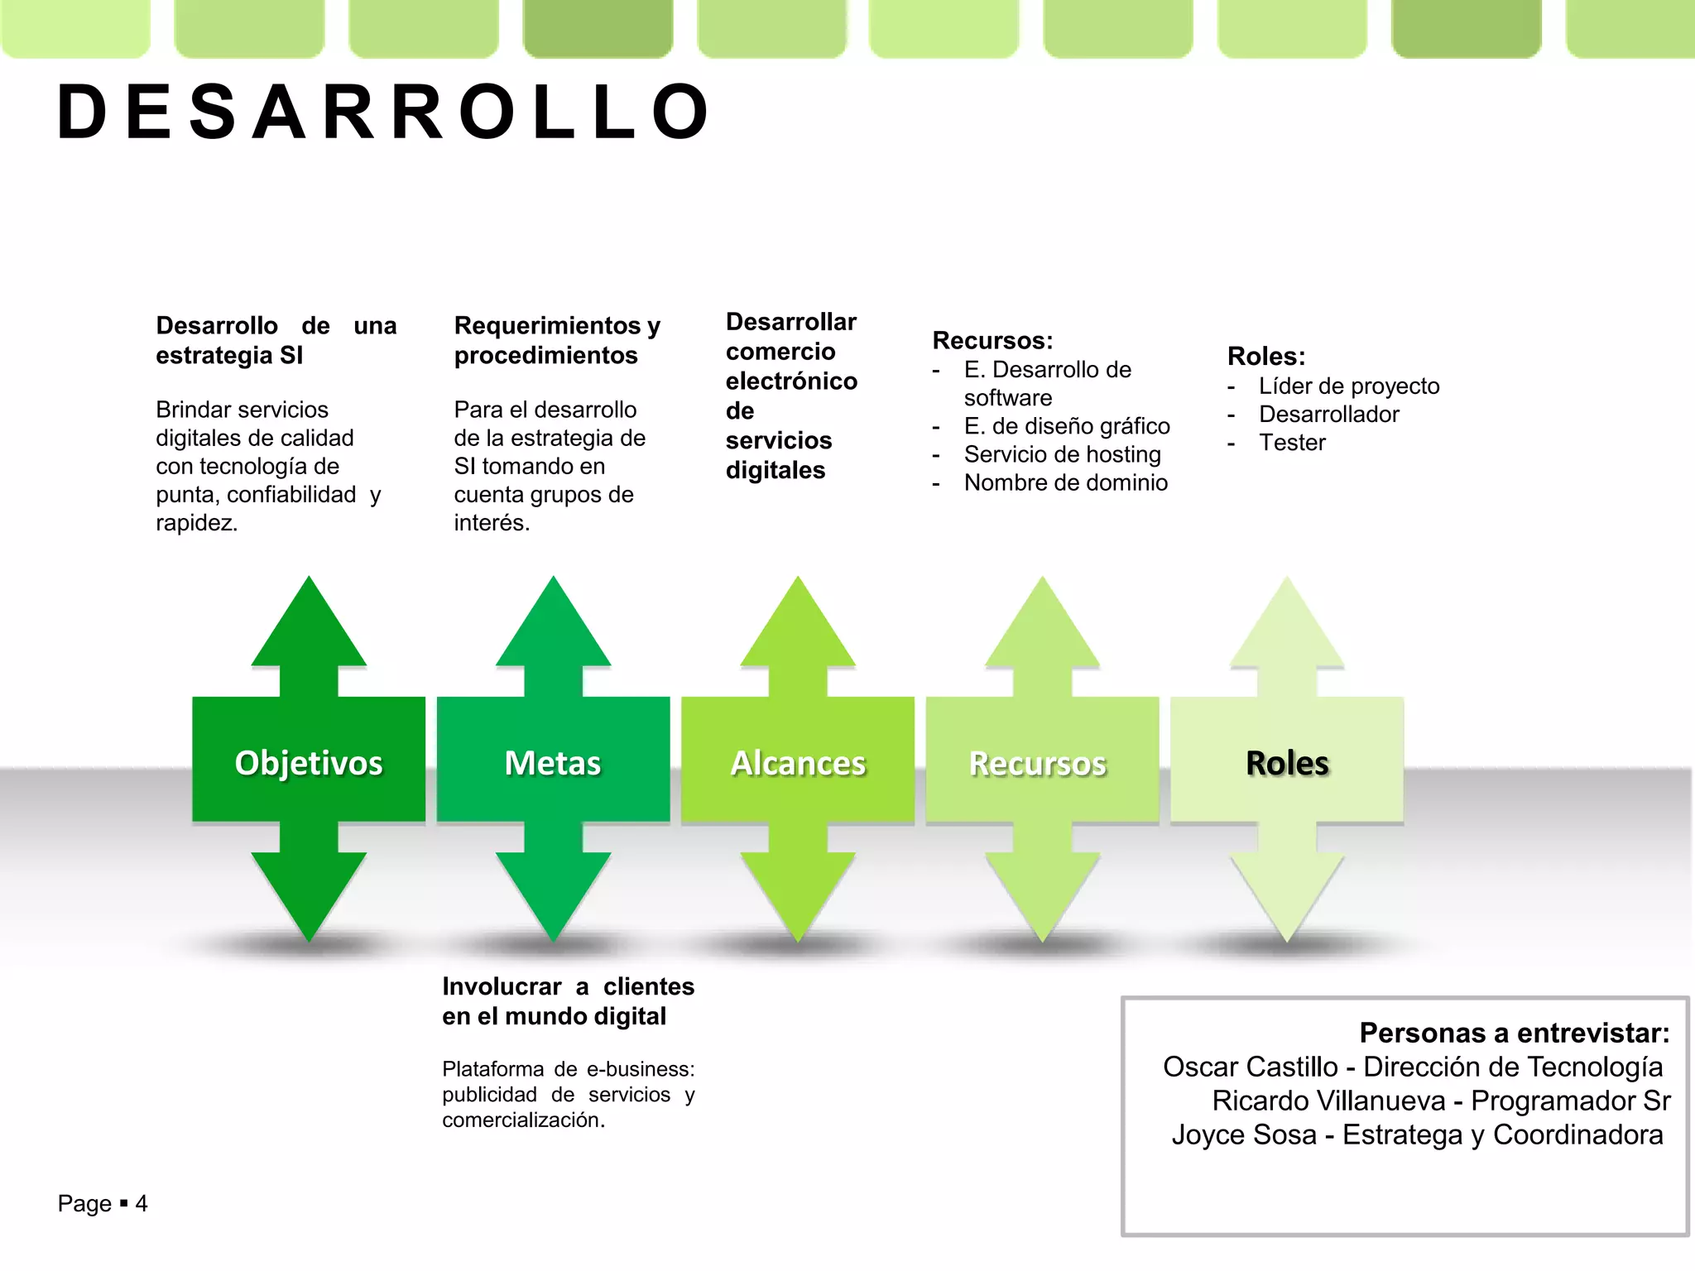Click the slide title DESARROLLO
(x=382, y=112)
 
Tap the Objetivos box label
(x=309, y=762)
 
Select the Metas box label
(x=553, y=762)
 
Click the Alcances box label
(x=798, y=763)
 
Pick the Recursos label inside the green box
(x=1038, y=763)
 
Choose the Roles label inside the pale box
(x=1287, y=763)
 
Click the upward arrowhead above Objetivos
(x=309, y=625)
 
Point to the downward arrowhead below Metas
(x=553, y=898)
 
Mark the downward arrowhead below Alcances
(x=798, y=898)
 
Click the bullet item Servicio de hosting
(x=1063, y=454)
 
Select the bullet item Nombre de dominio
(x=1066, y=482)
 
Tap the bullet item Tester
(x=1292, y=443)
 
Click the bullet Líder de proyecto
(x=1349, y=386)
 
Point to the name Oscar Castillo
(x=1250, y=1067)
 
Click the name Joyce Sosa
(x=1243, y=1134)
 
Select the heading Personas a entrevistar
(x=1514, y=1033)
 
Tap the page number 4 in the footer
(x=142, y=1203)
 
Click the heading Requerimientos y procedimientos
(x=556, y=340)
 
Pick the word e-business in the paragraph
(x=640, y=1069)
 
